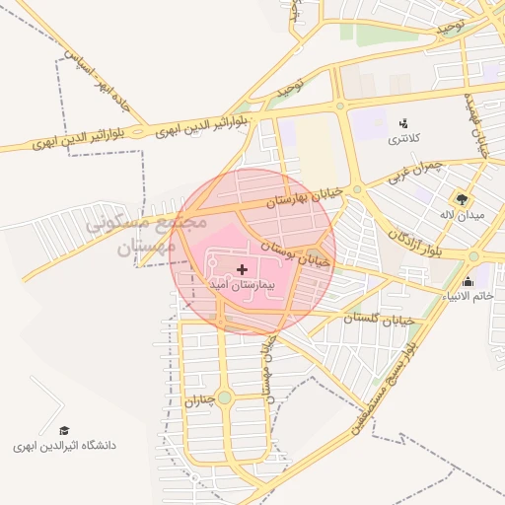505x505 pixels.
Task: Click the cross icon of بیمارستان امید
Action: tap(243, 269)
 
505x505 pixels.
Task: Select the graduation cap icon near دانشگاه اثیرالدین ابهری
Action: tap(64, 431)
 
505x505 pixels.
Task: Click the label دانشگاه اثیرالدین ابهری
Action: tap(65, 446)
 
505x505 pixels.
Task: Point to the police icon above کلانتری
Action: tap(402, 123)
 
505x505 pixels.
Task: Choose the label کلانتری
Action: tap(402, 139)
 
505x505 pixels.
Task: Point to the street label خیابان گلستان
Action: tap(382, 320)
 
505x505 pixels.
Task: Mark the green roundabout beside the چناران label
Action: tap(225, 397)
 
